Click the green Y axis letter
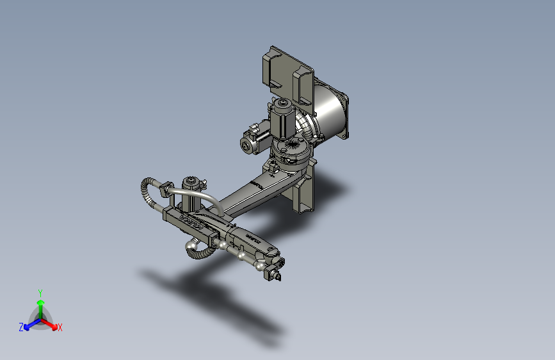[x=40, y=292]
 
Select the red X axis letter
[x=60, y=327]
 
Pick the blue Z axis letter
[x=21, y=327]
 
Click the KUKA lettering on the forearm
[x=192, y=224]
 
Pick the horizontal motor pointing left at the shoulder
[x=252, y=141]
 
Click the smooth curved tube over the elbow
[x=198, y=195]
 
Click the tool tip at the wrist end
[x=277, y=276]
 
